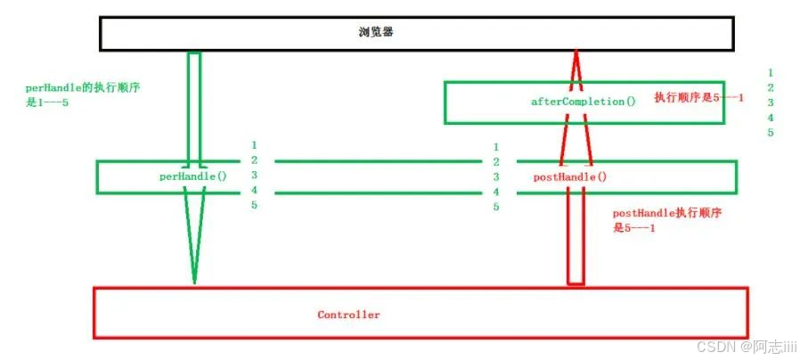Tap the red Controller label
click(x=348, y=315)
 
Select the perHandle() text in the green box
click(x=192, y=176)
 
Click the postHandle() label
click(x=570, y=176)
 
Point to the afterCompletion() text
click(x=583, y=102)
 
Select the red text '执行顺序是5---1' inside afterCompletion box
click(x=698, y=96)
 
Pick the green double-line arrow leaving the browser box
click(x=194, y=107)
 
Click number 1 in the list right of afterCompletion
click(x=770, y=72)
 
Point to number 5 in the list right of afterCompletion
click(x=770, y=133)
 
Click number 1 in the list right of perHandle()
click(x=254, y=144)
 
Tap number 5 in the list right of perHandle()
click(x=254, y=205)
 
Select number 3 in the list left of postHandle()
click(x=495, y=176)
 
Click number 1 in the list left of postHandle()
click(x=495, y=146)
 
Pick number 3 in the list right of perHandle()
click(x=254, y=175)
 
